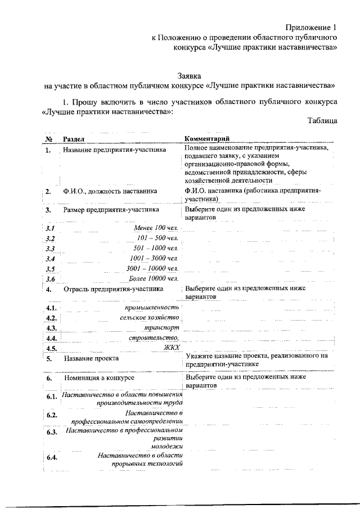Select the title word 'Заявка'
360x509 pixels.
click(189, 75)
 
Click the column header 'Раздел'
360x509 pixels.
click(74, 138)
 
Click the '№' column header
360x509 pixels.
click(49, 138)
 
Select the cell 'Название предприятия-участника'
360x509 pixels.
click(114, 151)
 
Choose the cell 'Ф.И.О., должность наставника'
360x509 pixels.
click(110, 191)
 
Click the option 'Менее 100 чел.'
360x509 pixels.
click(156, 227)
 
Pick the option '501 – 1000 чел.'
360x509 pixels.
click(156, 248)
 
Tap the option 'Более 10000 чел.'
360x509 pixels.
click(153, 278)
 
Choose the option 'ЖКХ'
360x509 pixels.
click(171, 348)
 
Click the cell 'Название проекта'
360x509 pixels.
click(91, 358)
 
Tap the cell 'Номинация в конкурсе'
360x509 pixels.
click(98, 379)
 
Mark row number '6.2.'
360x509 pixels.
click(52, 415)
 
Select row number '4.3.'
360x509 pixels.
click(52, 328)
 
